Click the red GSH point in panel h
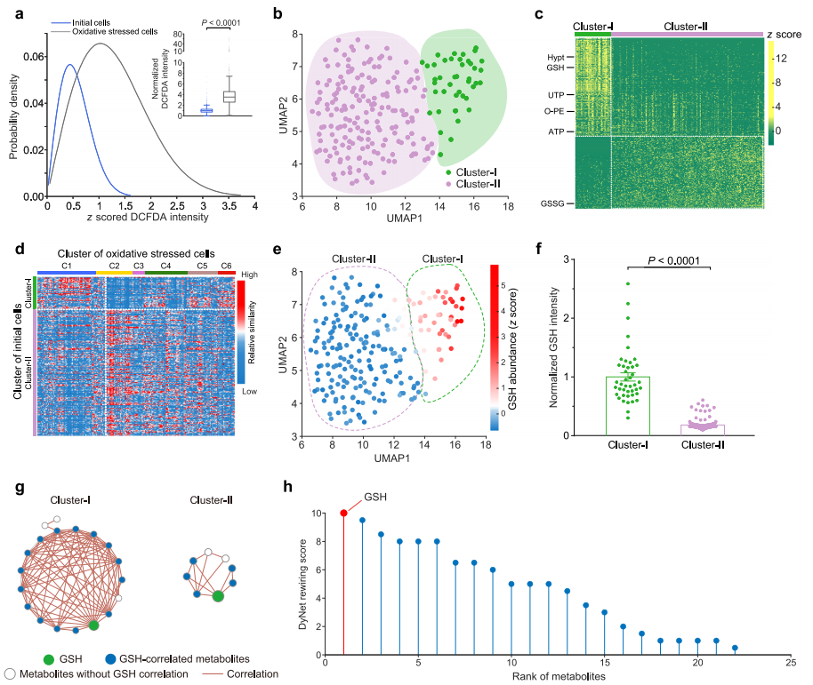tap(344, 513)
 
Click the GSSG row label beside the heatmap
tap(551, 203)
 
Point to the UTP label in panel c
tap(554, 94)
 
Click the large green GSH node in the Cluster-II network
tap(217, 597)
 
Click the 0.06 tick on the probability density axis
tap(28, 56)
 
